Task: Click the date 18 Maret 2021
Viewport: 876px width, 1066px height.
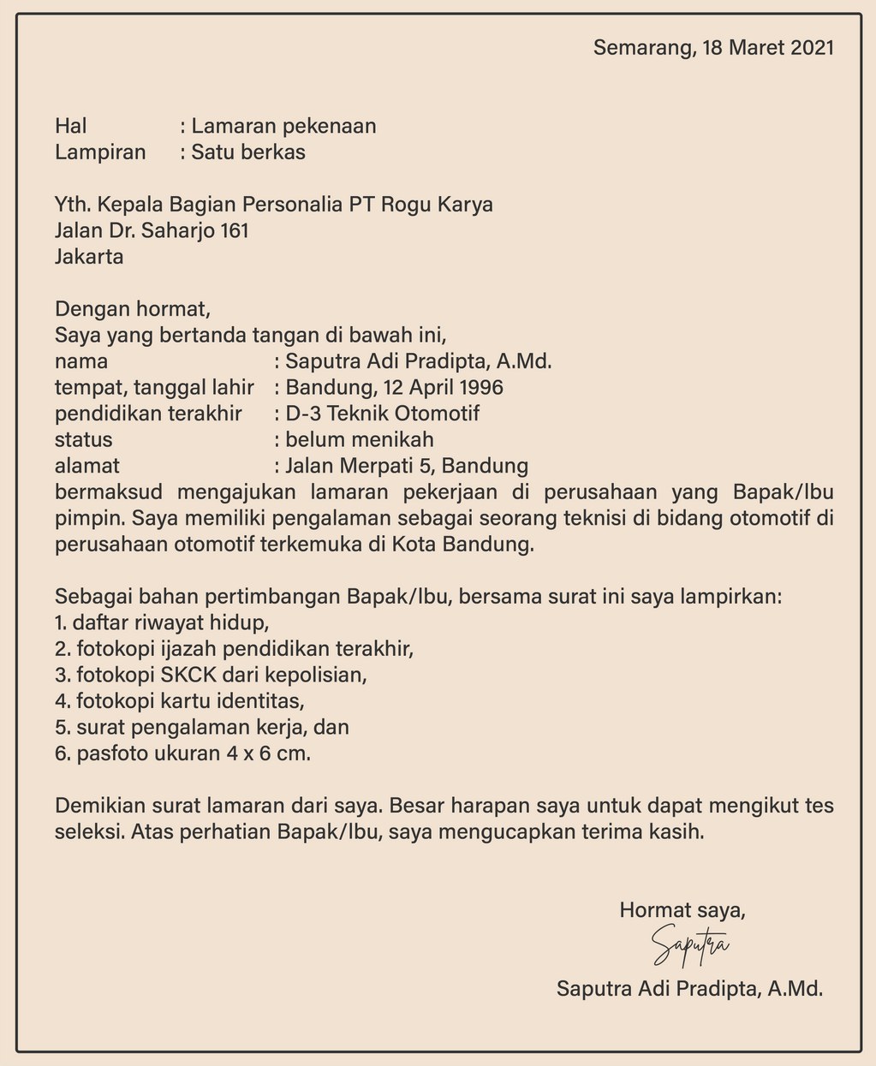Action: [x=767, y=47]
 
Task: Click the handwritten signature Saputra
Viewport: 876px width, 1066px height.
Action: [x=689, y=944]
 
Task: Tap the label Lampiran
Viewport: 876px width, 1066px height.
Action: [x=100, y=153]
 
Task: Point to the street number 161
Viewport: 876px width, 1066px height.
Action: [x=234, y=231]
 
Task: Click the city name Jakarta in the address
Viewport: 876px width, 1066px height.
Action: [x=89, y=257]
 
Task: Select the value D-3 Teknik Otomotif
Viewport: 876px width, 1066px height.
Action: [x=383, y=414]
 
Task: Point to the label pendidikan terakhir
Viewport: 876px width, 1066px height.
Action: [x=148, y=414]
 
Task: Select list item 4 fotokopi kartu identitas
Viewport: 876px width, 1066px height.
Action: [x=180, y=701]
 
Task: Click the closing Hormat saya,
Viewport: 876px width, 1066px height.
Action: [x=682, y=910]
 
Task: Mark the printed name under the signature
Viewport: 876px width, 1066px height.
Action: [x=689, y=990]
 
